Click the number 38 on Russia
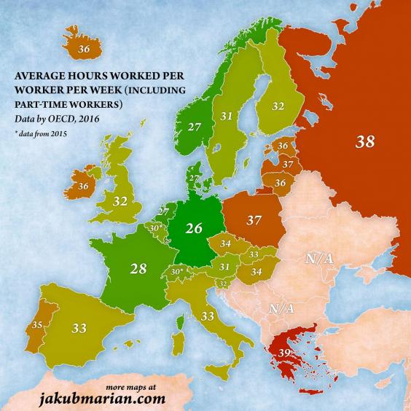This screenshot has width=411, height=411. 366,142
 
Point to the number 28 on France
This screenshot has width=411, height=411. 138,268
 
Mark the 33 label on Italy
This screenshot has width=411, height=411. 208,316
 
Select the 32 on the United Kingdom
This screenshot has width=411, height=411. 121,200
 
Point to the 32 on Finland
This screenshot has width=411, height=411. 278,105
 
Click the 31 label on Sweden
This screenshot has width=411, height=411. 227,116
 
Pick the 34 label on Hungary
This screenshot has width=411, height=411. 257,272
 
